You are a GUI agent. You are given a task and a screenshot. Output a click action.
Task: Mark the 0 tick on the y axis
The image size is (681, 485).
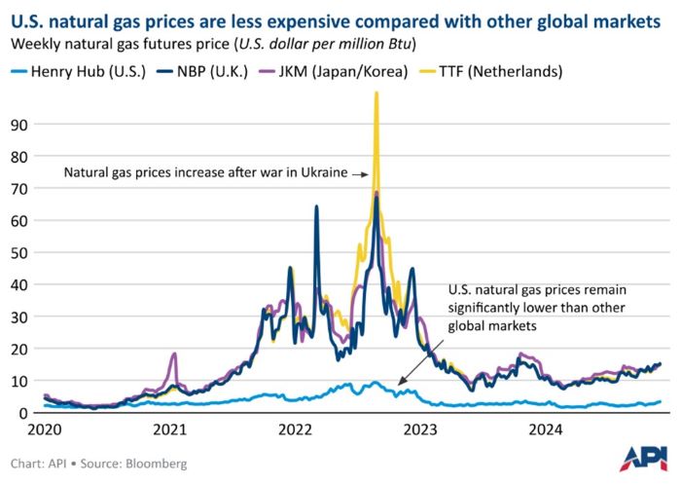pos(22,413)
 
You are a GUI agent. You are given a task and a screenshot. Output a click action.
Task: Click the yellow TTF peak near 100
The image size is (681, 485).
pos(376,94)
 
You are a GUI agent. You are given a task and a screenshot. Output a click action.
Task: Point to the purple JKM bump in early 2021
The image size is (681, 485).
pos(174,354)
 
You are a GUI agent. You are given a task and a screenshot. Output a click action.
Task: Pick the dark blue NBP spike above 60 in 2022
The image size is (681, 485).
pos(316,206)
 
